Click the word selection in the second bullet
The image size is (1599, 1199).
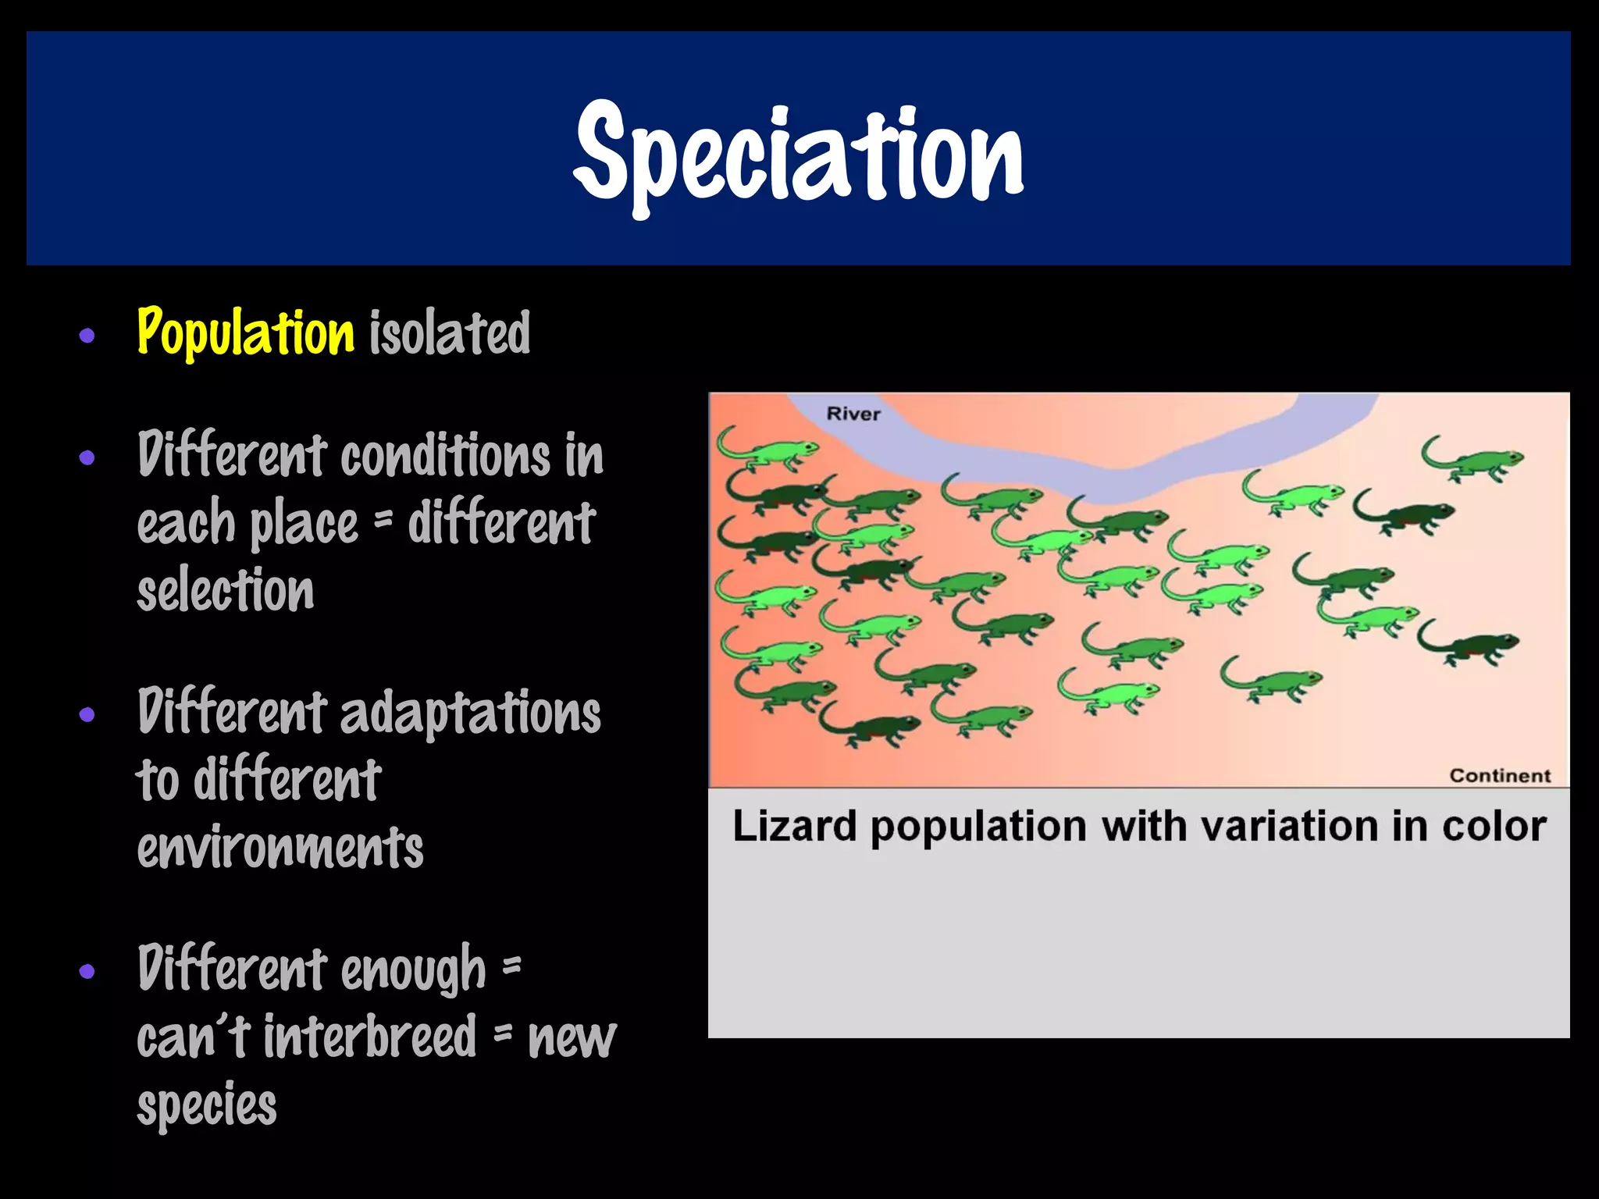pyautogui.click(x=226, y=590)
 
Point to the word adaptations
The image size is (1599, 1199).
pyautogui.click(x=470, y=713)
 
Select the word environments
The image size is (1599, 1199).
pyautogui.click(x=280, y=848)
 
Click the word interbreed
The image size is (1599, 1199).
pyautogui.click(x=369, y=1037)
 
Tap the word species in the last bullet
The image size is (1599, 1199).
pyautogui.click(x=207, y=1105)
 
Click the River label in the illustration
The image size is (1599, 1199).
pyautogui.click(x=853, y=414)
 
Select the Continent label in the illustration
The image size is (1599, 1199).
pyautogui.click(x=1499, y=775)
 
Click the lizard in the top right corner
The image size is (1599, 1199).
pyautogui.click(x=1474, y=461)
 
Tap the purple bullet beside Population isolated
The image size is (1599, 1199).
pyautogui.click(x=87, y=336)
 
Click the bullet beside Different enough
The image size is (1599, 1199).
pyautogui.click(x=87, y=972)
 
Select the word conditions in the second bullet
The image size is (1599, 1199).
pyautogui.click(x=445, y=456)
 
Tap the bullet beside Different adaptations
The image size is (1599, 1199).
pyautogui.click(x=87, y=714)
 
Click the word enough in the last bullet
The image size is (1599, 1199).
pyautogui.click(x=413, y=970)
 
